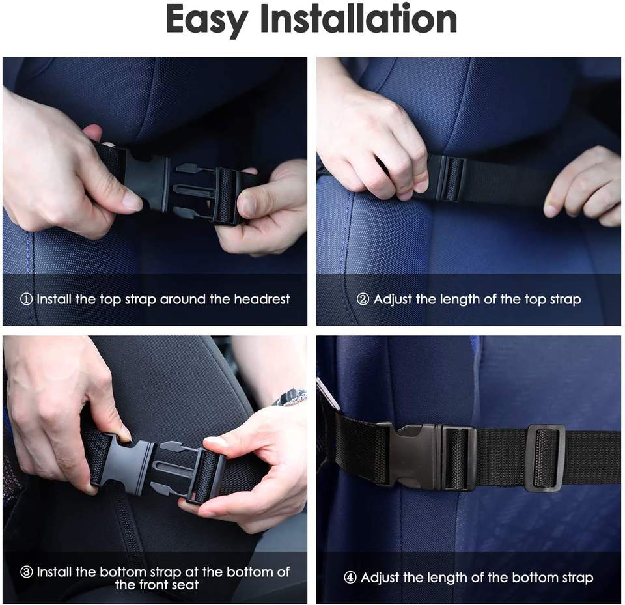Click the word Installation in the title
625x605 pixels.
pos(358,18)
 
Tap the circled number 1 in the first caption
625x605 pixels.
pos(26,299)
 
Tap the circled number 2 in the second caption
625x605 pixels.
pos(363,299)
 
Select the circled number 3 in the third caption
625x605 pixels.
pos(26,572)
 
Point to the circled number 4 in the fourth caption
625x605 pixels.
pos(350,578)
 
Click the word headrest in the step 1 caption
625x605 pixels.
pos(262,299)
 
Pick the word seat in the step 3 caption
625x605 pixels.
pos(186,585)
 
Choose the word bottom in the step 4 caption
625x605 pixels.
pos(532,578)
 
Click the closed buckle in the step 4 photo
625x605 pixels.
pos(426,456)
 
